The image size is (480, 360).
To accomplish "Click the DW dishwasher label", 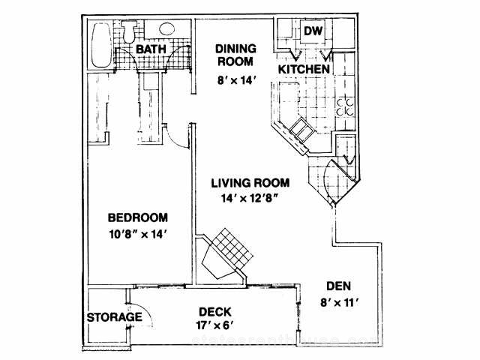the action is [x=313, y=31].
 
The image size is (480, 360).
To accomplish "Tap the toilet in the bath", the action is [x=129, y=31].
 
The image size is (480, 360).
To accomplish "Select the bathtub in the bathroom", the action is [x=101, y=45].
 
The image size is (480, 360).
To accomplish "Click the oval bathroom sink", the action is [x=166, y=29].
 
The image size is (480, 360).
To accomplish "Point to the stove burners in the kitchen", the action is [x=345, y=107].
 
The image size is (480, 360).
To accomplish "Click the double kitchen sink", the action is [x=301, y=130].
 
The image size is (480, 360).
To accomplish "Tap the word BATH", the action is [x=151, y=49].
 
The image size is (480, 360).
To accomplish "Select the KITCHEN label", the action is [x=304, y=69].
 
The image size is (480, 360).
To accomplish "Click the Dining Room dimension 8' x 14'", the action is [x=236, y=80].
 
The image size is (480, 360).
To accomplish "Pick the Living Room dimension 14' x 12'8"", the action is [x=249, y=199].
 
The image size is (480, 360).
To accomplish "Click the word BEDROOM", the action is [x=138, y=217].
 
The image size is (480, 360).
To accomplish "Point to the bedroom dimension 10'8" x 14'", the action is [x=138, y=235].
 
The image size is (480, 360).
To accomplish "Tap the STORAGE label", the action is [x=115, y=317].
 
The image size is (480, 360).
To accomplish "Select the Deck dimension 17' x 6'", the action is [x=215, y=325].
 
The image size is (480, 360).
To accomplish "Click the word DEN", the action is [x=338, y=286].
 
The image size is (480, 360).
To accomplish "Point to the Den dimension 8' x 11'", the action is [x=340, y=303].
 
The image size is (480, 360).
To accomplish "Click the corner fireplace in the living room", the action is [x=225, y=254].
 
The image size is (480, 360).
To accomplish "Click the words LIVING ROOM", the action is [x=250, y=183].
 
